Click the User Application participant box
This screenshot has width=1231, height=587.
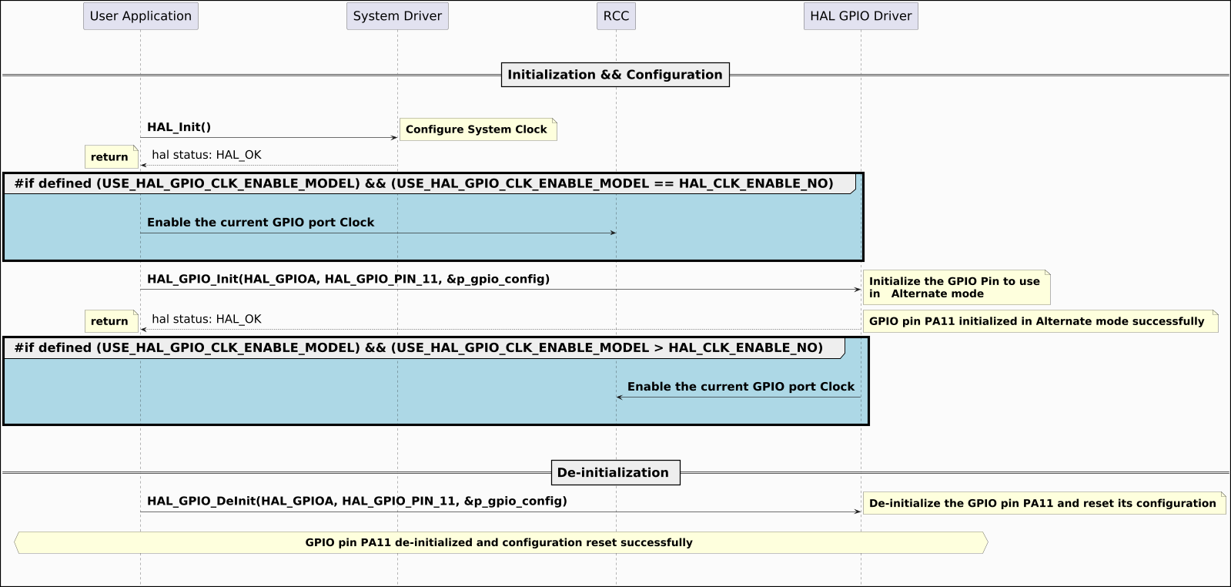coord(140,16)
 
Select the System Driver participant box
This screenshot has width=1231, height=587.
coord(397,16)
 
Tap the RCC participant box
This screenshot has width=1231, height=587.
coord(616,16)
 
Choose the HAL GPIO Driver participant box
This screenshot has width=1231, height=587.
coord(861,16)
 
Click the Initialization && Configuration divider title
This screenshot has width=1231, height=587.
coord(614,75)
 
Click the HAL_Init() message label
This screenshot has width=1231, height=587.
coord(179,127)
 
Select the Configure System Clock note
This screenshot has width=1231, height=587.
coord(477,129)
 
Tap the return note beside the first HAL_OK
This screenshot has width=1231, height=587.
coord(110,157)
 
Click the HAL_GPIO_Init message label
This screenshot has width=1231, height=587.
coord(348,279)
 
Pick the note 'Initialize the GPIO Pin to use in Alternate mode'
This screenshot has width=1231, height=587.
coord(955,287)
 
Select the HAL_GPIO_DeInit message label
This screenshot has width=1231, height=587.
coord(356,501)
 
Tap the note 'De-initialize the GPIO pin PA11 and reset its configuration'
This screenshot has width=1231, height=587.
coord(1042,503)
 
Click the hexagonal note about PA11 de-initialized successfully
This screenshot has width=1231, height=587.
coord(499,542)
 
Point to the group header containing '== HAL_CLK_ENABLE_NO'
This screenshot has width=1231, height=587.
coord(423,183)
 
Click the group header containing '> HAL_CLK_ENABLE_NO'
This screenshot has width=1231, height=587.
coord(418,347)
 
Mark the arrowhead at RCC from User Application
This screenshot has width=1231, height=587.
coord(613,233)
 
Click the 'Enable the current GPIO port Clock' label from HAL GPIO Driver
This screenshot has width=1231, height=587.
coord(741,387)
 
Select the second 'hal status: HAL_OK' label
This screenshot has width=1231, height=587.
coord(206,319)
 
